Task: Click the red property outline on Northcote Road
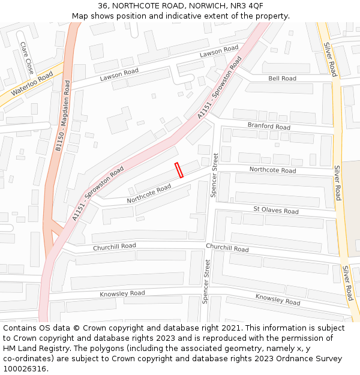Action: pyautogui.click(x=179, y=170)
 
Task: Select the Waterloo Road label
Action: pyautogui.click(x=31, y=84)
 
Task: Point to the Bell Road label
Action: pyautogui.click(x=282, y=79)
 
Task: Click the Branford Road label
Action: pyautogui.click(x=269, y=126)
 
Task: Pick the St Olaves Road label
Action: pyautogui.click(x=275, y=211)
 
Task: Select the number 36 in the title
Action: pyautogui.click(x=103, y=5)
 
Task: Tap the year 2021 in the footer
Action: pyautogui.click(x=229, y=328)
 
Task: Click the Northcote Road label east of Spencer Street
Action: pyautogui.click(x=272, y=170)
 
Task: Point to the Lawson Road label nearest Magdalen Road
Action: pyautogui.click(x=119, y=74)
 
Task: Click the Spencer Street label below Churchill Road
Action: pyautogui.click(x=206, y=281)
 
